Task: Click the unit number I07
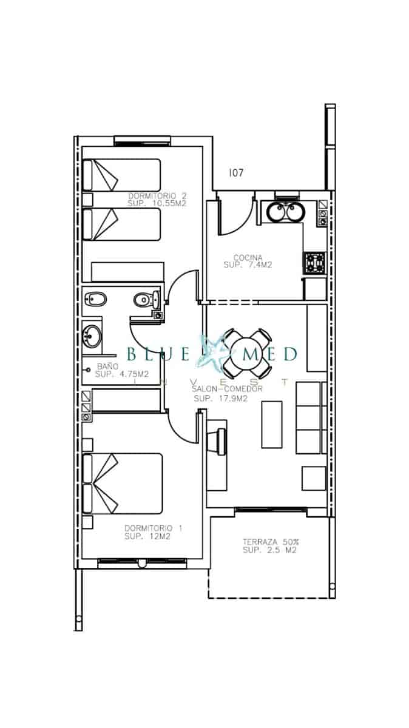click(236, 173)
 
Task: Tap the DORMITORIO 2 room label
click(157, 196)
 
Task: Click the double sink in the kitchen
click(284, 212)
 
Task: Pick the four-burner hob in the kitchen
click(316, 263)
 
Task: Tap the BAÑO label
click(107, 366)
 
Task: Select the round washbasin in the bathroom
click(93, 334)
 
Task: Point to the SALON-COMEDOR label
click(227, 389)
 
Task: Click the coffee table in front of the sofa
click(272, 424)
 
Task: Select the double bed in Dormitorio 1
click(124, 483)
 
